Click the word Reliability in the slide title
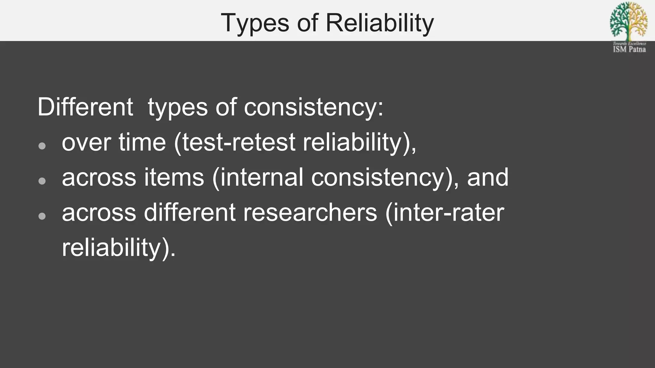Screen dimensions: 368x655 point(380,23)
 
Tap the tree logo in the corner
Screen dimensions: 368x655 point(629,21)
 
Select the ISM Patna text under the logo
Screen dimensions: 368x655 point(629,49)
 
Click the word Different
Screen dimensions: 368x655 point(85,107)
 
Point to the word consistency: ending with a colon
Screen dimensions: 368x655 point(313,107)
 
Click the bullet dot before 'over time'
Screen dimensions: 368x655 point(42,146)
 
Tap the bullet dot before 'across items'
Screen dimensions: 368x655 point(42,181)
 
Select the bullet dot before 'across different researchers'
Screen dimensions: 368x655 point(42,216)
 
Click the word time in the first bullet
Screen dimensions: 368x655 point(142,142)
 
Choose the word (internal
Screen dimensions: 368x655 point(257,178)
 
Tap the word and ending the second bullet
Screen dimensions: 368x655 point(487,177)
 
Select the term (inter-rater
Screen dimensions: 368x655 point(445,213)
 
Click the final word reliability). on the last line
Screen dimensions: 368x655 point(119,248)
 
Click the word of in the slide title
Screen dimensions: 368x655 point(307,23)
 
